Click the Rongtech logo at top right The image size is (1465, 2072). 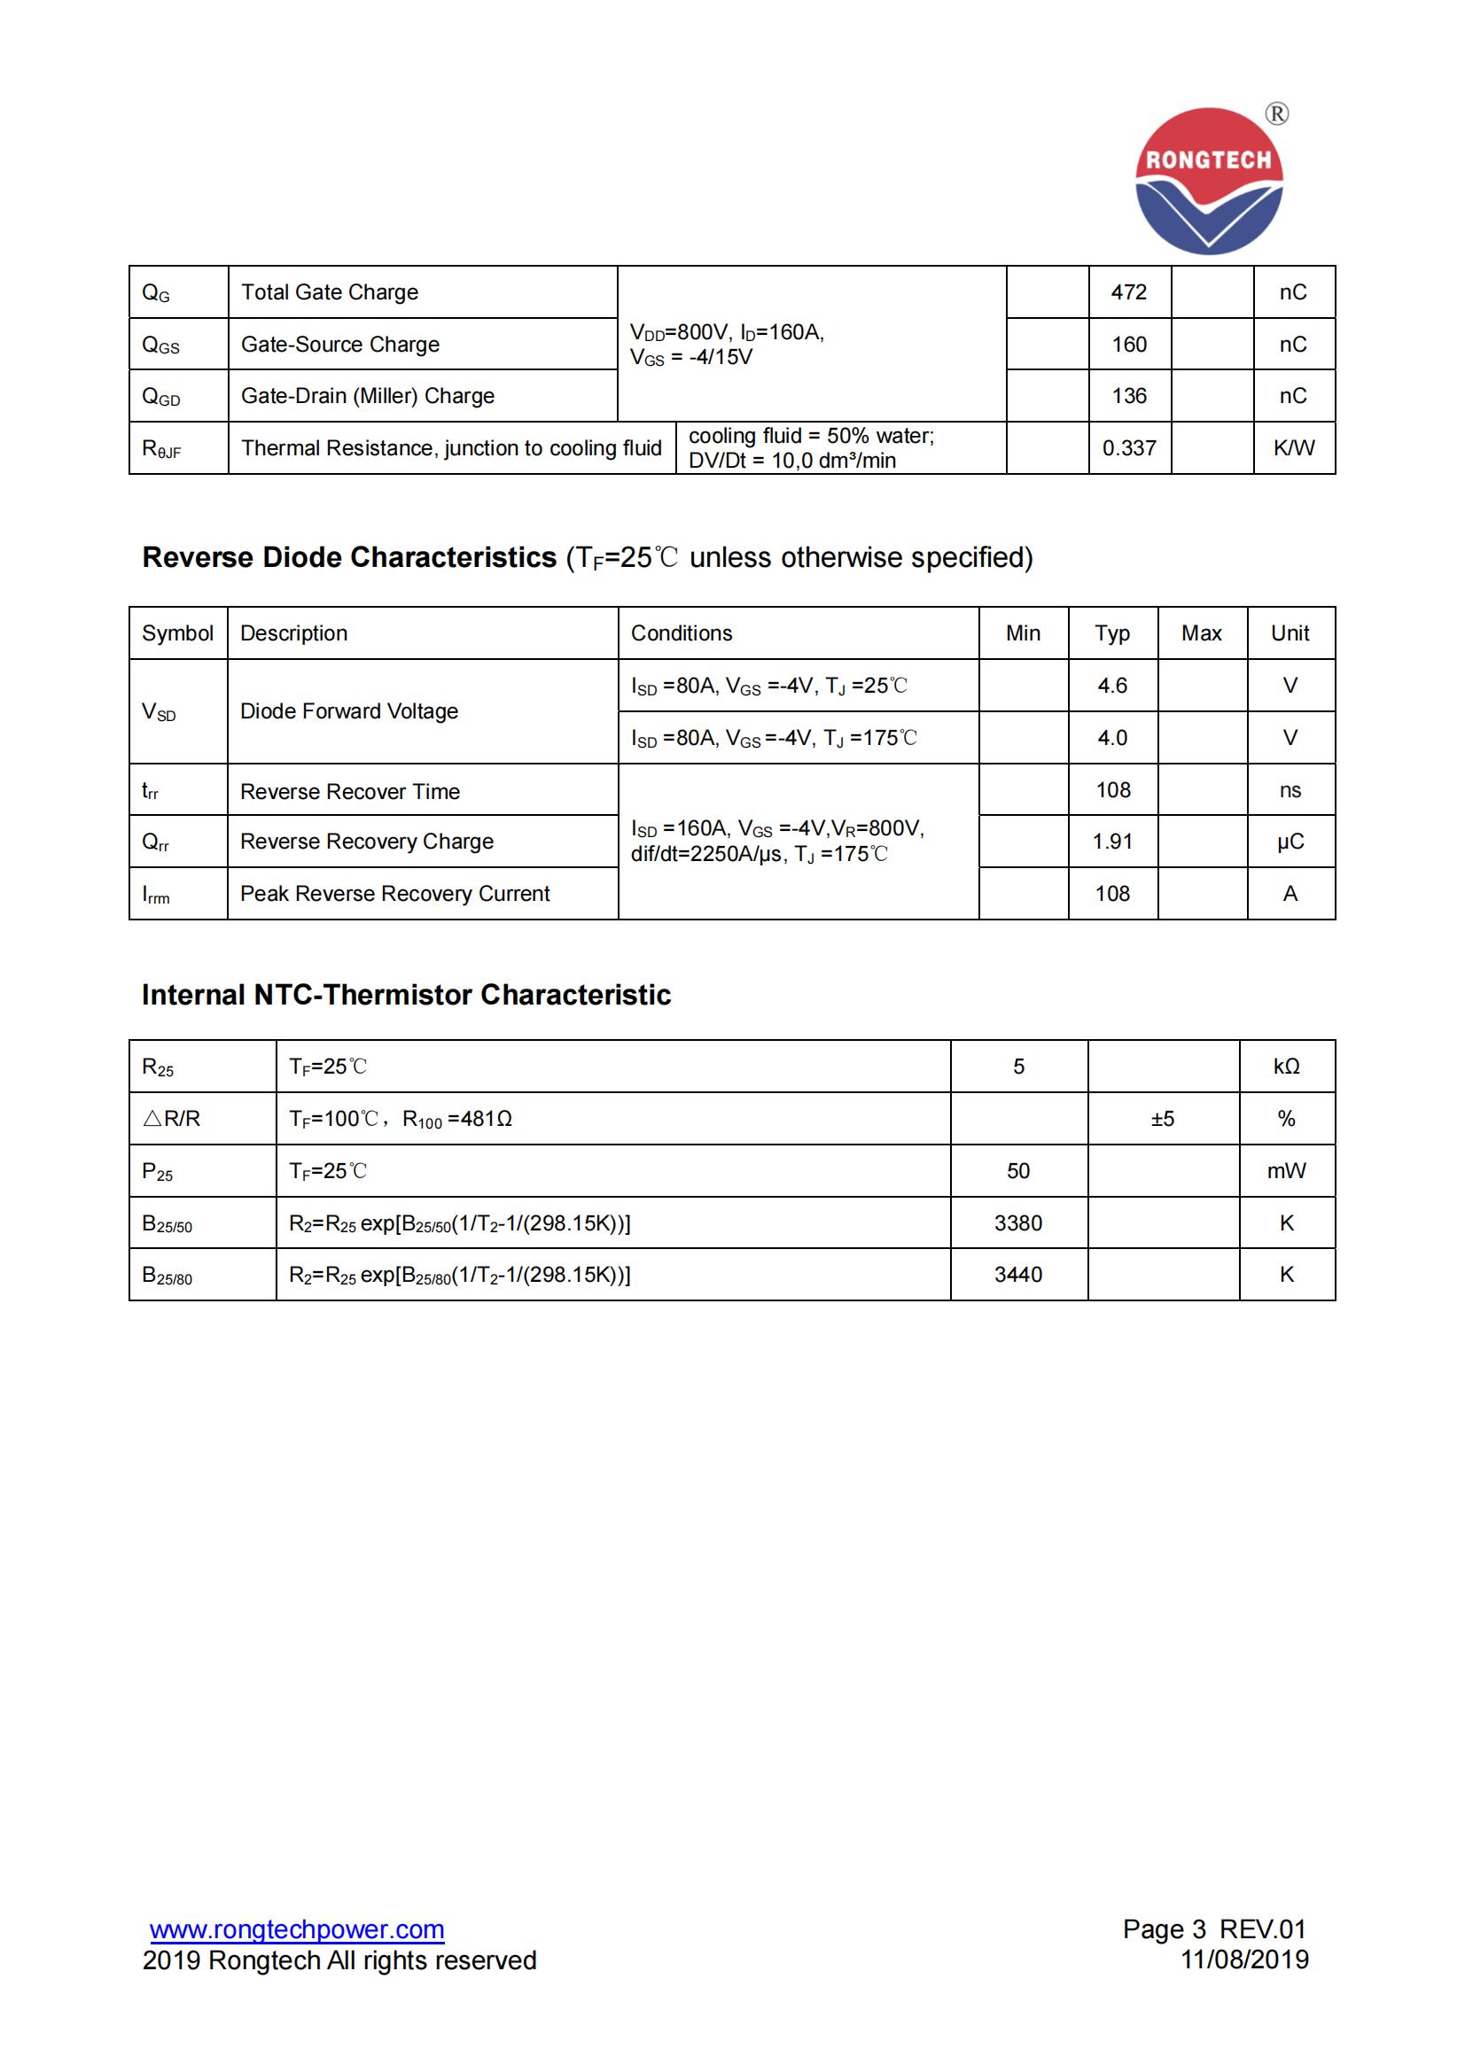click(1209, 181)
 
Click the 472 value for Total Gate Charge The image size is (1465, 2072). click(1128, 292)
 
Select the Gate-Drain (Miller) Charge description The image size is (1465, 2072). click(368, 396)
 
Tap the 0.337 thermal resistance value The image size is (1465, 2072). click(1128, 448)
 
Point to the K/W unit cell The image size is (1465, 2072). click(1293, 448)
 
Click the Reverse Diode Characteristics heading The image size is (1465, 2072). click(349, 558)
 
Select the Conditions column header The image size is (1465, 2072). click(682, 633)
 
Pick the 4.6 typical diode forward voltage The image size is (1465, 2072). click(1112, 686)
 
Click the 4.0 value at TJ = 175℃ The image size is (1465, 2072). click(1112, 738)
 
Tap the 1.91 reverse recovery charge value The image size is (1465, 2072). click(1112, 842)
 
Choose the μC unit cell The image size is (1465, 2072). click(1290, 842)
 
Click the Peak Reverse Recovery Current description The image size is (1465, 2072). click(394, 895)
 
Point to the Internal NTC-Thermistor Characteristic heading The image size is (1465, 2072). click(406, 996)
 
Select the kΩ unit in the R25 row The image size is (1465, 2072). click(1286, 1067)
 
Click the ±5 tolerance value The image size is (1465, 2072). click(1163, 1119)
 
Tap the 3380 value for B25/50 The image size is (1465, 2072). click(1018, 1223)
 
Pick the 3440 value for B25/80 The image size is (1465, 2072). click(1018, 1275)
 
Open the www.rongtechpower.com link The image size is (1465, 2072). click(297, 1929)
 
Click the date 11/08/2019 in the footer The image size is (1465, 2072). click(1244, 1959)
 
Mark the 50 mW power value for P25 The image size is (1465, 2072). click(1018, 1171)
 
